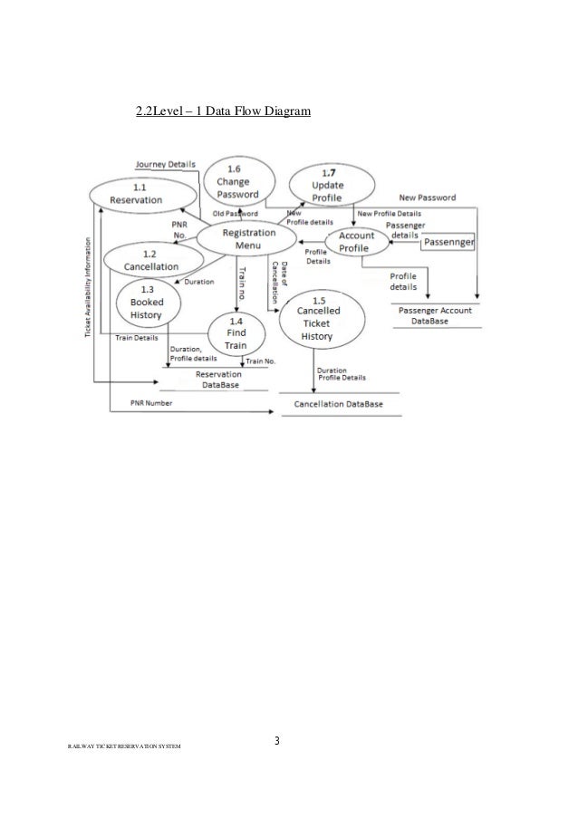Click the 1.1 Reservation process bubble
[142, 194]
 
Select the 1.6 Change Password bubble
[238, 181]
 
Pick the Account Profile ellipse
[355, 242]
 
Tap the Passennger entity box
[449, 242]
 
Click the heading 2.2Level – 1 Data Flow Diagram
[223, 113]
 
